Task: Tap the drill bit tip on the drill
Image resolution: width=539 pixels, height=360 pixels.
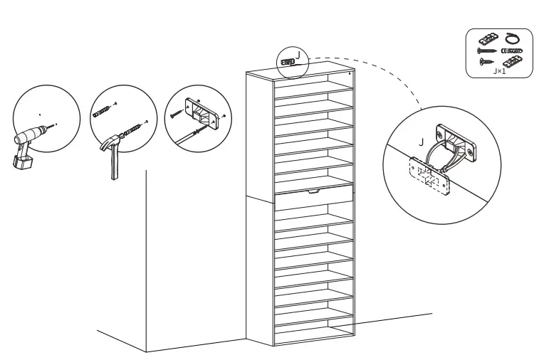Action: (x=55, y=125)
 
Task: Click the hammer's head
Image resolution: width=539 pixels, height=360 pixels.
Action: (x=111, y=142)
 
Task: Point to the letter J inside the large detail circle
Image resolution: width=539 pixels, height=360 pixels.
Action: (x=422, y=143)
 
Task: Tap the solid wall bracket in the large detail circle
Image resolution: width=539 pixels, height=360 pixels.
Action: (x=459, y=142)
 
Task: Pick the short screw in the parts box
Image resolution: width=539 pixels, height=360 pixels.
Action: (x=486, y=63)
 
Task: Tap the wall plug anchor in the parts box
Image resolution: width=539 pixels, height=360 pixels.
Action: (x=511, y=51)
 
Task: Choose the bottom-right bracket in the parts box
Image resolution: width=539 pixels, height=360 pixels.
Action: (x=512, y=62)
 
